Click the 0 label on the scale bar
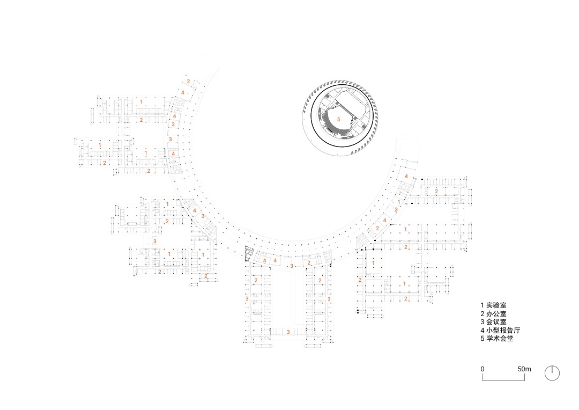click(482, 369)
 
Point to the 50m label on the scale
click(524, 369)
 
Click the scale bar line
click(503, 380)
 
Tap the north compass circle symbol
click(552, 373)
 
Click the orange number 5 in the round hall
click(339, 120)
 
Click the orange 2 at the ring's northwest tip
click(188, 82)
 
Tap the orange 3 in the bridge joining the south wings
click(288, 332)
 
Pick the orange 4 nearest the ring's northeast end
click(406, 177)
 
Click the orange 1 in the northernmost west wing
click(140, 101)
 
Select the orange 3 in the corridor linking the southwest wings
click(155, 241)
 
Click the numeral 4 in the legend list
click(482, 330)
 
